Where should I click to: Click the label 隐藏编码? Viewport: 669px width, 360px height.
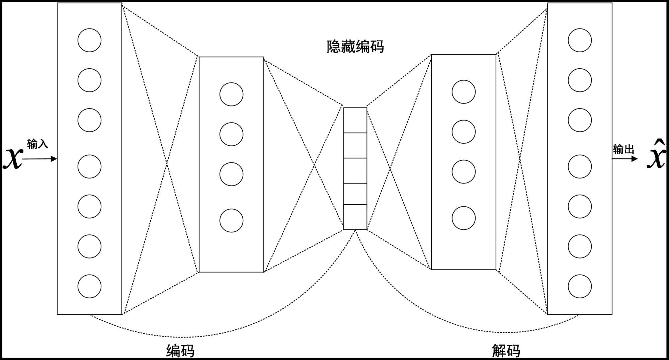click(355, 47)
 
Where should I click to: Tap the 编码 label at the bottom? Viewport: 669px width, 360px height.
click(180, 351)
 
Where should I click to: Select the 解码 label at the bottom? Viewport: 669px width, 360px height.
click(506, 351)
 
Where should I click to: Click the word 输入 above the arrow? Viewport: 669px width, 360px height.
click(37, 144)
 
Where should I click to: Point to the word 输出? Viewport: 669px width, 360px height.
click(623, 149)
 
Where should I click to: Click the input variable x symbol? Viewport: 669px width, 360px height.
click(13, 158)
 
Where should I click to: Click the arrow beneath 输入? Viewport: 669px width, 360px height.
click(39, 159)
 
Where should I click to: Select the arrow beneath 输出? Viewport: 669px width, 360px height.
click(625, 159)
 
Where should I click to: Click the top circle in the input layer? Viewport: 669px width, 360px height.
click(89, 40)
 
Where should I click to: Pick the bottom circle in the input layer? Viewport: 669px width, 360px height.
click(89, 286)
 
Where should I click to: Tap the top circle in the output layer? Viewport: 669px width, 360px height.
click(580, 40)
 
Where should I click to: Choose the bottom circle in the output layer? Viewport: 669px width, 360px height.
click(580, 286)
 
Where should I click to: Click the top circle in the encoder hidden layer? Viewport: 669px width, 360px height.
click(231, 94)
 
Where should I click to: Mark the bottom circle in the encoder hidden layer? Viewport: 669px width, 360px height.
click(231, 221)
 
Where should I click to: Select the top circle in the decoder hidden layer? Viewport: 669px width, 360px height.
click(464, 92)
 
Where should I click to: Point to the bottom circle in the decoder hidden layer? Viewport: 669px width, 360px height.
click(464, 218)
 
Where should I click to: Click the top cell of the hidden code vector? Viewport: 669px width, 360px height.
click(355, 120)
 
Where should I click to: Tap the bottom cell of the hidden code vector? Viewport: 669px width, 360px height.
click(355, 217)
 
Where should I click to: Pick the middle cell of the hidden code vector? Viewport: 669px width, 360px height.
click(355, 170)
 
